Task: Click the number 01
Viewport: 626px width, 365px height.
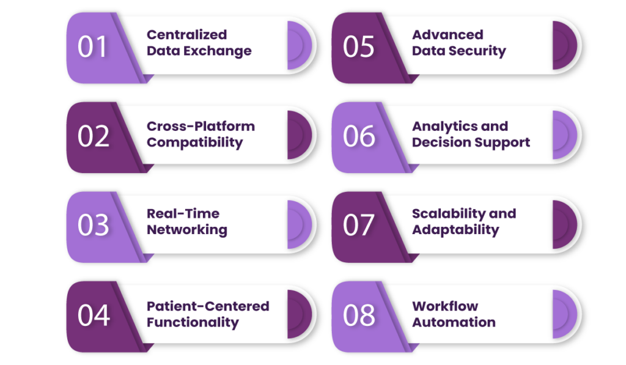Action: (92, 46)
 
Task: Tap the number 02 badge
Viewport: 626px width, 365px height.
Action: (94, 136)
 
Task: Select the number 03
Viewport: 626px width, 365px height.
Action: (93, 225)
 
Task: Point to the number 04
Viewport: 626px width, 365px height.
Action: (94, 315)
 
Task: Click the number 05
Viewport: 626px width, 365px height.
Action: (358, 46)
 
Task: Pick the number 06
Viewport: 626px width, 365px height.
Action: (359, 136)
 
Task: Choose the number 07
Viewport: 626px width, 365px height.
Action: (358, 225)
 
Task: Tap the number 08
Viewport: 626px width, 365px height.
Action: (359, 315)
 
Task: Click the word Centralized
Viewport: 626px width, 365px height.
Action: (187, 35)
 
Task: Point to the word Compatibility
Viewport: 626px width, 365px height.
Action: (195, 142)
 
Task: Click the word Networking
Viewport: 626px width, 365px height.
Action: (187, 230)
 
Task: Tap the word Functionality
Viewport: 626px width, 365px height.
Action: (193, 323)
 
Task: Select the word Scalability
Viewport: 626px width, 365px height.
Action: (448, 214)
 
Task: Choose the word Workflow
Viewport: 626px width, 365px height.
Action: (445, 306)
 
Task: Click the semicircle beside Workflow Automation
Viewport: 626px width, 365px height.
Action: (564, 314)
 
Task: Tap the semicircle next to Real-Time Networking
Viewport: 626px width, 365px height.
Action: (298, 225)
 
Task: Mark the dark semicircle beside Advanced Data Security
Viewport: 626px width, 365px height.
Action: (564, 45)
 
